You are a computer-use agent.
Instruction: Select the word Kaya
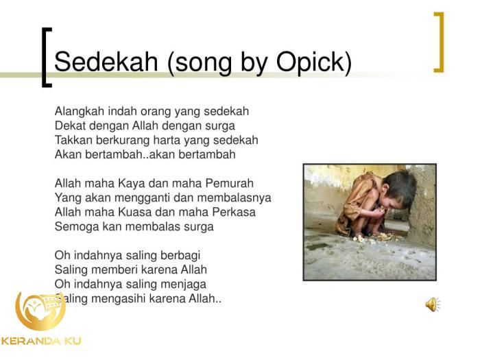point(134,183)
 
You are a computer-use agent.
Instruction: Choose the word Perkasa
point(228,212)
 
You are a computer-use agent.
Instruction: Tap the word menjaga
point(181,284)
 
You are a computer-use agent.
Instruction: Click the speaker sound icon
point(433,304)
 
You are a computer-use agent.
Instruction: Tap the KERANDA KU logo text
point(41,341)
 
